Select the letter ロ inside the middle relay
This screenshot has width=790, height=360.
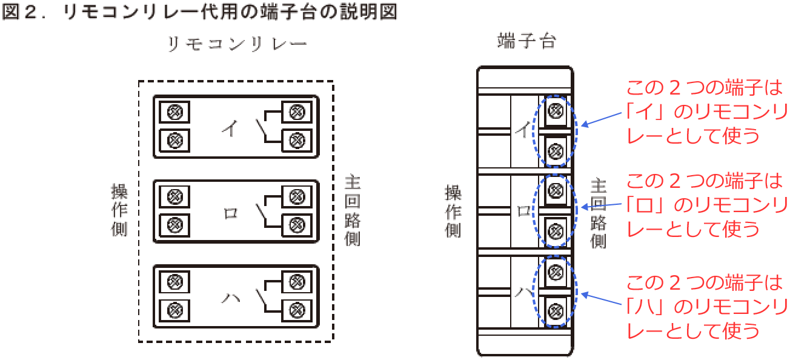point(230,213)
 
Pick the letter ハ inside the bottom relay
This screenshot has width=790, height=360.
point(230,298)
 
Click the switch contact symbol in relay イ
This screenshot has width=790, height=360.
point(262,127)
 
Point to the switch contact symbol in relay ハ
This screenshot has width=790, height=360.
point(262,297)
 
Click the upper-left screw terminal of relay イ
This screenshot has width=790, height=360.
point(175,112)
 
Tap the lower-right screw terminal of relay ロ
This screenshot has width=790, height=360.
point(296,225)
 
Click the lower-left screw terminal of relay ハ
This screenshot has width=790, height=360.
point(175,310)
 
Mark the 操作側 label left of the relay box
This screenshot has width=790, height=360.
point(119,209)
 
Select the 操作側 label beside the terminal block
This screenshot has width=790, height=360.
point(453,211)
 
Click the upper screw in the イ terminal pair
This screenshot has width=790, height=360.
point(556,110)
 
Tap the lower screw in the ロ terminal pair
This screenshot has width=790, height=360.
point(556,231)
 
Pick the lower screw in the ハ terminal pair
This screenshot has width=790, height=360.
point(556,310)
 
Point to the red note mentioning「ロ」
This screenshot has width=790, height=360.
point(706,205)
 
